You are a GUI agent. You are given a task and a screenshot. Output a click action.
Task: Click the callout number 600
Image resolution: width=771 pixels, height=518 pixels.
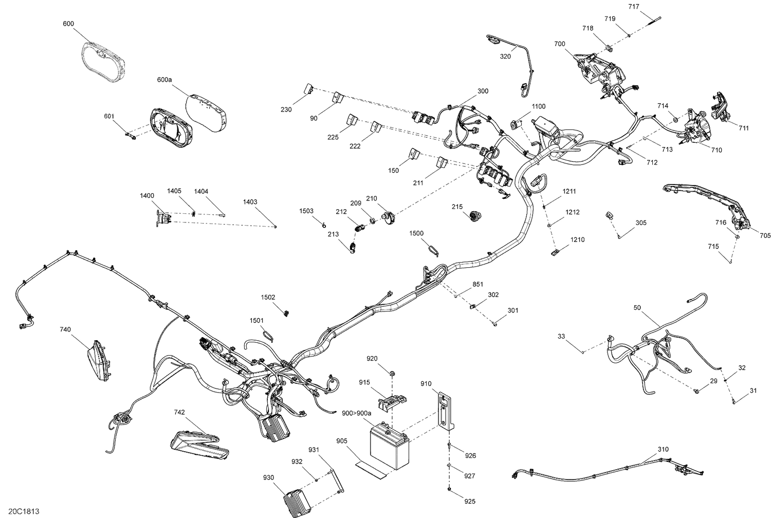68,24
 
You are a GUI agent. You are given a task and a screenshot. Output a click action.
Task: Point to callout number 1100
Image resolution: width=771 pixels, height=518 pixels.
538,106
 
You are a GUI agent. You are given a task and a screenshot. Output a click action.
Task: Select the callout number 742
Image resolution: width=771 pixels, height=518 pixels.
179,412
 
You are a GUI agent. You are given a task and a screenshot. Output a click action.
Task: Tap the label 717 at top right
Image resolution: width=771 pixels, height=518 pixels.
634,7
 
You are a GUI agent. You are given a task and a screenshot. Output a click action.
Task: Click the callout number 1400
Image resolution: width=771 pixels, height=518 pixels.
146,196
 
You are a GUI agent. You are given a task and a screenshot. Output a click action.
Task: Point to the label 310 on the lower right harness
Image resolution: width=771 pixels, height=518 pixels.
664,449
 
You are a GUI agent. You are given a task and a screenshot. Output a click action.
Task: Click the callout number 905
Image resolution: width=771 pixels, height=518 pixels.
342,441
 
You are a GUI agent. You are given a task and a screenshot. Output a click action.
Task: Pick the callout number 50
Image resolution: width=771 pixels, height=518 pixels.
637,307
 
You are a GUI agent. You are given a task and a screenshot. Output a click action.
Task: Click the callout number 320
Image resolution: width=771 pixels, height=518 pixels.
505,57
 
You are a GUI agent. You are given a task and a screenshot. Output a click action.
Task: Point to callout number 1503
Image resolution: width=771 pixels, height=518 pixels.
307,211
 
